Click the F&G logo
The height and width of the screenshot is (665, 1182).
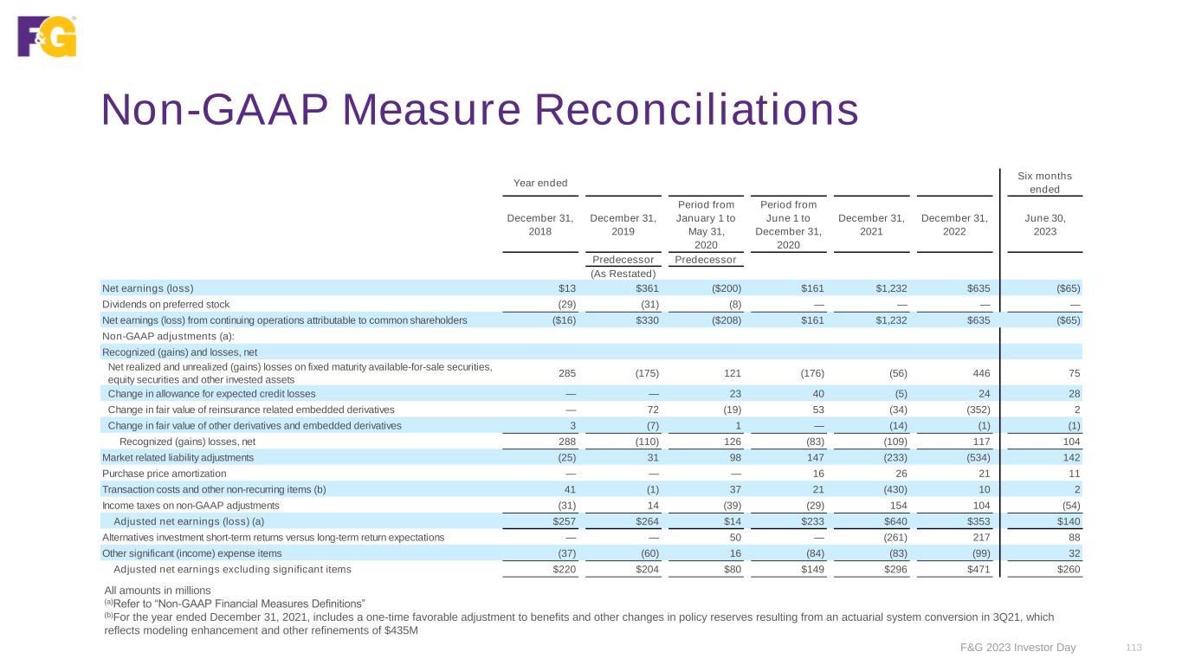pos(47,36)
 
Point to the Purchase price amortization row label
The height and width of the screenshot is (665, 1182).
pos(165,474)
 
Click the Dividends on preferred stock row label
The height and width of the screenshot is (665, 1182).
pos(162,304)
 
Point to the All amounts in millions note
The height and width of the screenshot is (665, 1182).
pos(156,590)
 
